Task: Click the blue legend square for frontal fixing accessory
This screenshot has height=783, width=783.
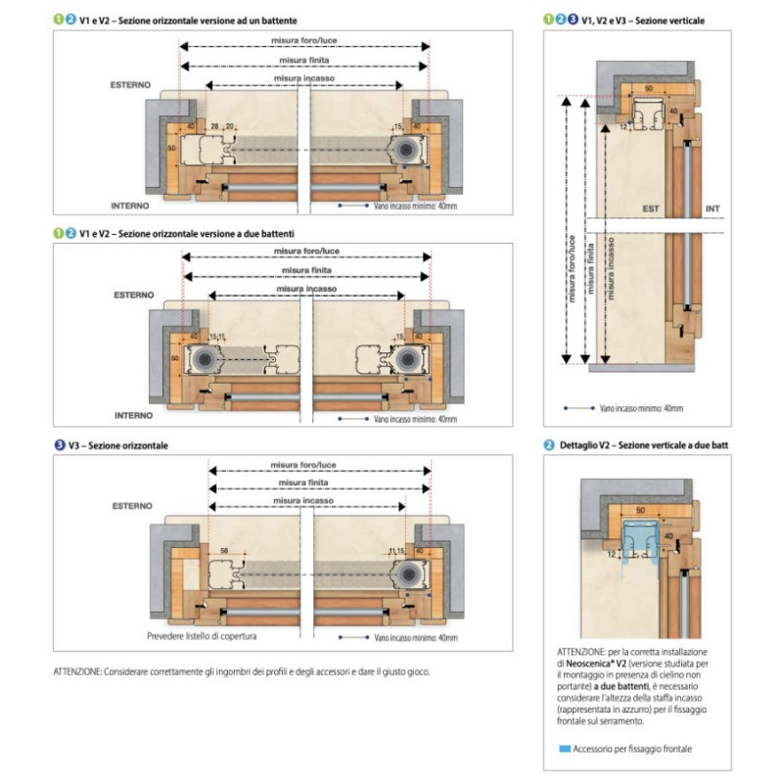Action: [x=563, y=749]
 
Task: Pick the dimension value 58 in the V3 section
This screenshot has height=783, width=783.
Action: [x=225, y=552]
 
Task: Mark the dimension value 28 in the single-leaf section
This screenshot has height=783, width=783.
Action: [x=213, y=126]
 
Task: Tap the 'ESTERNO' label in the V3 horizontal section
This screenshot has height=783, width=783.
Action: [x=131, y=505]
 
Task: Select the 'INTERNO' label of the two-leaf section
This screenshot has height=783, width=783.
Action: [x=132, y=414]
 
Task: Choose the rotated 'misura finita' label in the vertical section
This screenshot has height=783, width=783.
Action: [x=590, y=264]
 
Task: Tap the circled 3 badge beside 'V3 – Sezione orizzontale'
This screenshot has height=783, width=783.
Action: [x=62, y=445]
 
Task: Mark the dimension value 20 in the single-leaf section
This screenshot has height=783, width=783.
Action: [x=231, y=126]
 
